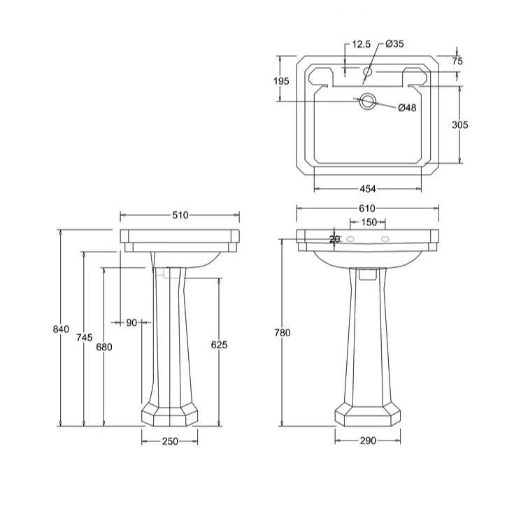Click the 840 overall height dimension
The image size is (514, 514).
click(x=62, y=329)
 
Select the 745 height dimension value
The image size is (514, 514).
click(x=84, y=338)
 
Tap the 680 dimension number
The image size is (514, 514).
click(x=104, y=347)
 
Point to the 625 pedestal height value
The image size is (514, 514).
click(x=220, y=344)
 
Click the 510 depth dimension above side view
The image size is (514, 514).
click(x=180, y=215)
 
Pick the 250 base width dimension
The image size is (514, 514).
click(x=170, y=441)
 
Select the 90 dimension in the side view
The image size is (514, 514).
click(x=131, y=322)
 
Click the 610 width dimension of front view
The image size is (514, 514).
click(x=367, y=208)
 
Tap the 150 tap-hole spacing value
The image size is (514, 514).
click(x=369, y=222)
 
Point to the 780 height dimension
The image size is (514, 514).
click(x=283, y=333)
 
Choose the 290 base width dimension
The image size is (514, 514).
click(x=368, y=441)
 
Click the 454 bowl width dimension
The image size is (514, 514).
click(x=368, y=189)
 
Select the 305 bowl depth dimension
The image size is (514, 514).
click(x=459, y=125)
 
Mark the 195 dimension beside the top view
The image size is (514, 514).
click(x=281, y=81)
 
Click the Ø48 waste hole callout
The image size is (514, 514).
click(x=407, y=108)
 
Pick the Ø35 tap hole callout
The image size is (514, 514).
click(x=395, y=44)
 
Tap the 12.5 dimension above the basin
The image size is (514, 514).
click(x=361, y=44)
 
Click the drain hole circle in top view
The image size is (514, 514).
click(x=367, y=102)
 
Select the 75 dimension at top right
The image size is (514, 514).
click(x=457, y=62)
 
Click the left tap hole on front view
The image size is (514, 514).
click(x=352, y=239)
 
